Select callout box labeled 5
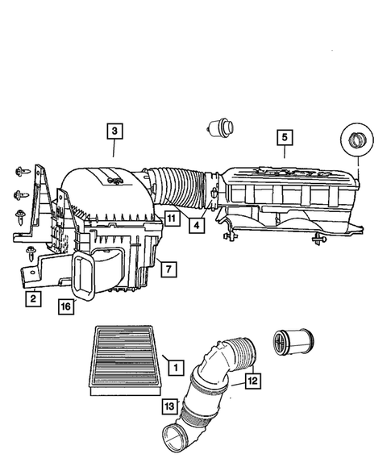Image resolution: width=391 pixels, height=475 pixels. click(284, 137)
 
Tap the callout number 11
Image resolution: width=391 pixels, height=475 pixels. click(172, 215)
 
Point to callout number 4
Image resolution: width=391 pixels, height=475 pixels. click(196, 227)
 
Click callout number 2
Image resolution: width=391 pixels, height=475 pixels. click(33, 299)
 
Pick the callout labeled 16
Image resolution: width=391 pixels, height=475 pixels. click(67, 306)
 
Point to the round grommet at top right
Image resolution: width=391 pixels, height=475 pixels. click(356, 144)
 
